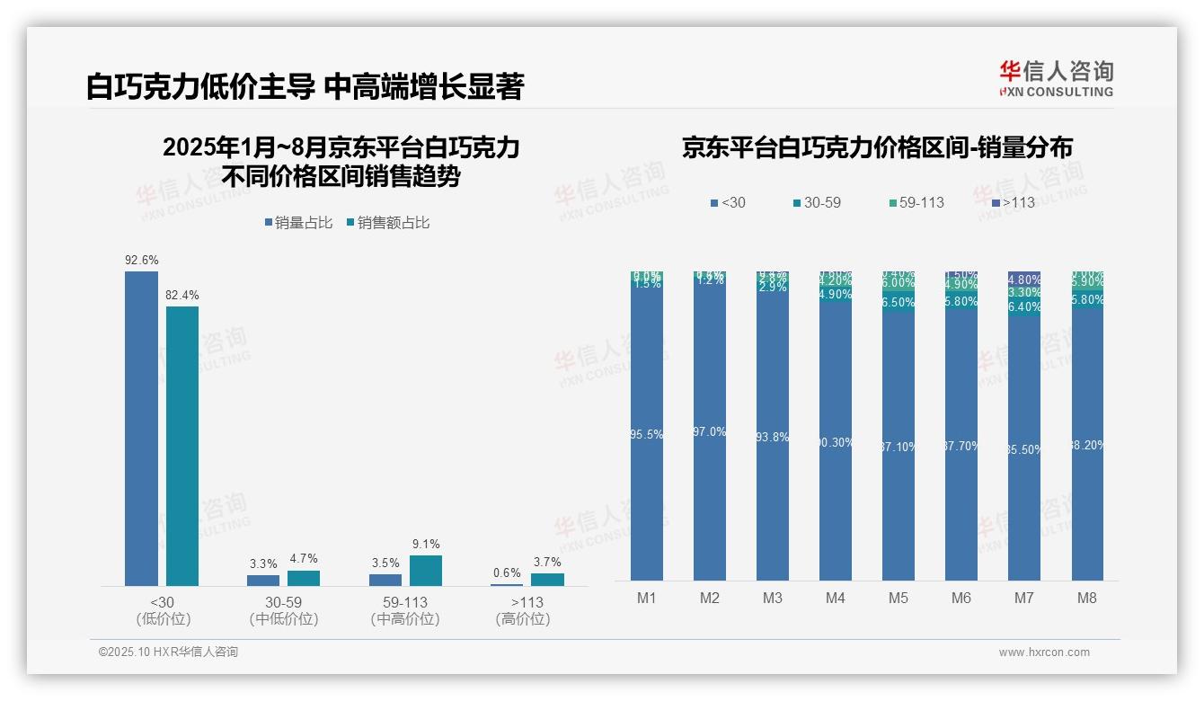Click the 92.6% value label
(142, 261)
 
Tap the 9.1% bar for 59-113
(426, 571)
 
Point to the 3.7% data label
(546, 562)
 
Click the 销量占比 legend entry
(298, 223)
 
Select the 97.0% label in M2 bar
(710, 432)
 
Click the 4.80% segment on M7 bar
(1024, 280)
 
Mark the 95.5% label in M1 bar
(647, 435)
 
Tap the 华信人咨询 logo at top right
(1056, 78)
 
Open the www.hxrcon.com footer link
(1044, 652)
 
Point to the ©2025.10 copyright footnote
(168, 652)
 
